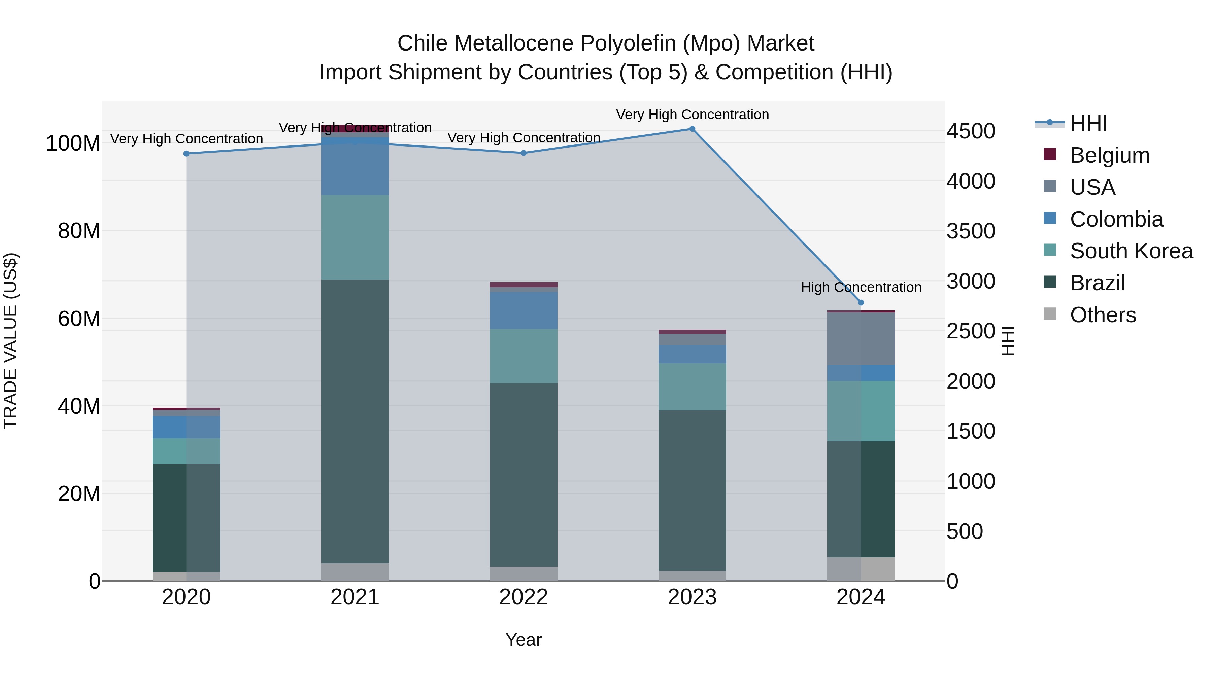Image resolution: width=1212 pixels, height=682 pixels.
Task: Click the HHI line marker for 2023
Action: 692,129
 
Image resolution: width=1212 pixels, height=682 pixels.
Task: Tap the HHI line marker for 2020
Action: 186,154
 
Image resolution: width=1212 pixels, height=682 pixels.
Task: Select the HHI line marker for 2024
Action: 861,303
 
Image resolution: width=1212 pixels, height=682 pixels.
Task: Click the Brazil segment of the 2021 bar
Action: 355,421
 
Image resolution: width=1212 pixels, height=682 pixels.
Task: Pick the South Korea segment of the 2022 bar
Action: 524,356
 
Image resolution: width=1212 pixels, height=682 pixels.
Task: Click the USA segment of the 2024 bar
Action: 861,339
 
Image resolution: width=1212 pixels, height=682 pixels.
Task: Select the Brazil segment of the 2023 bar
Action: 692,490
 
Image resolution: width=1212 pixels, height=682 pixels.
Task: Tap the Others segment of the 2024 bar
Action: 861,569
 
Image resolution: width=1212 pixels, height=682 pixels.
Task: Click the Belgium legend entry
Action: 1109,155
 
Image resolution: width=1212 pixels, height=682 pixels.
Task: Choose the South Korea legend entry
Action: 1131,251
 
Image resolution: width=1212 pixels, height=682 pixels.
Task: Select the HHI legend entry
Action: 1088,123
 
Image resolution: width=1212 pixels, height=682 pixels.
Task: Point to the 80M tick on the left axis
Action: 79,231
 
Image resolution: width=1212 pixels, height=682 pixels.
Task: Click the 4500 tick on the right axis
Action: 971,131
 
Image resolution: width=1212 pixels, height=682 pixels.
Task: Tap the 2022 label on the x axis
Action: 524,597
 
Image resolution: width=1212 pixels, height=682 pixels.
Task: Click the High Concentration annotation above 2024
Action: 861,287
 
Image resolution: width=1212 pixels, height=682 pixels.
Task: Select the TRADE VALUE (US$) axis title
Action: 10,341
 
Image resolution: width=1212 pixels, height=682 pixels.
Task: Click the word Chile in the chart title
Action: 422,43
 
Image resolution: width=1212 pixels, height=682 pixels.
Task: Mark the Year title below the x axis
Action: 524,640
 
